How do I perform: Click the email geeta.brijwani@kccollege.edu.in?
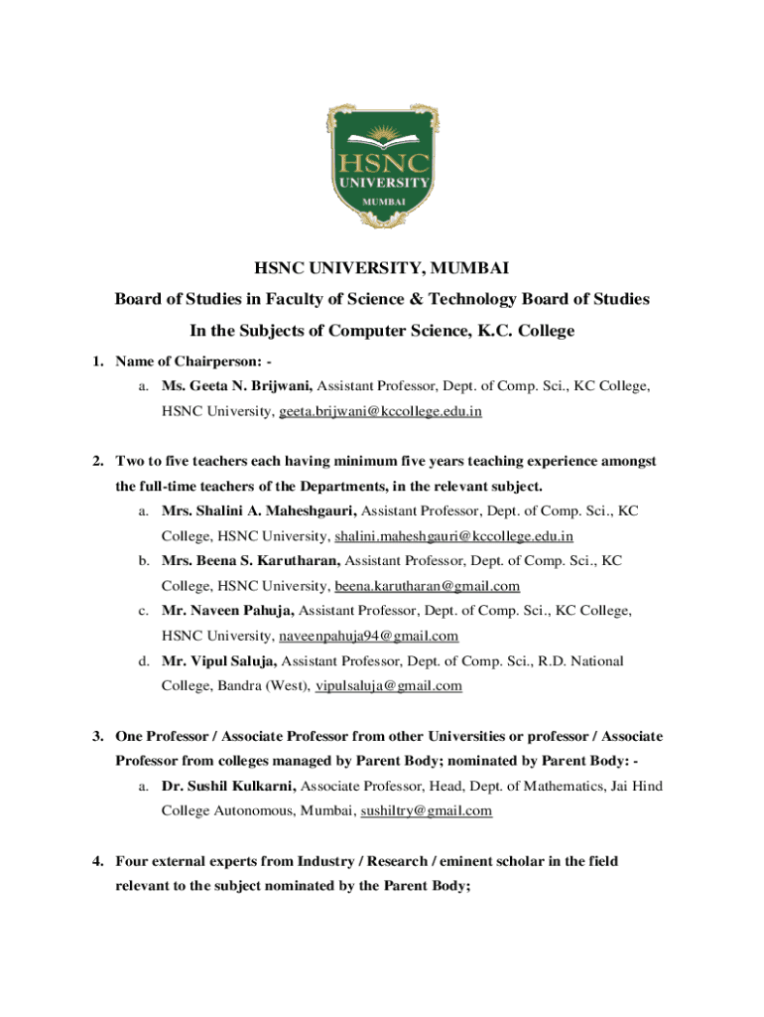[x=380, y=410]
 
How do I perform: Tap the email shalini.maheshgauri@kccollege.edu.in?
[x=453, y=536]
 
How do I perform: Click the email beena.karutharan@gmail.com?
[x=427, y=586]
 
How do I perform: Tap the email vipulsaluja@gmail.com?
[x=388, y=685]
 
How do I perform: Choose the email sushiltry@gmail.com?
[x=426, y=810]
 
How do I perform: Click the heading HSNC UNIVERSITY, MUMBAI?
[x=382, y=267]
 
